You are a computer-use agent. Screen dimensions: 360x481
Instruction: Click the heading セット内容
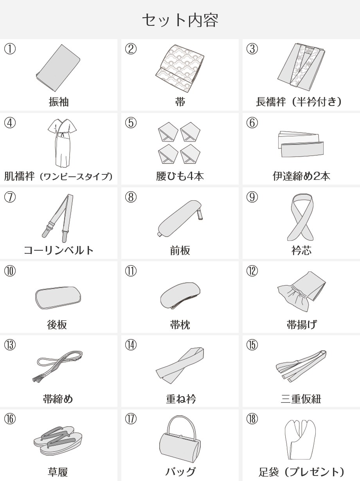180,20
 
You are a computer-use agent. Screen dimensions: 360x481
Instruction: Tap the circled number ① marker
10,49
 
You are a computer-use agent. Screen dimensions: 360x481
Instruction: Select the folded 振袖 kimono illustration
58,68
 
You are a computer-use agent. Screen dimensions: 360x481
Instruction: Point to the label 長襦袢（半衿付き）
299,102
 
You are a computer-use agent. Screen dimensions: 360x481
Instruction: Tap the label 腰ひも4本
180,176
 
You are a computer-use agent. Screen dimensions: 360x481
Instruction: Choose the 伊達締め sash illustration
301,144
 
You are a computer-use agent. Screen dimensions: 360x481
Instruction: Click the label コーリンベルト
58,250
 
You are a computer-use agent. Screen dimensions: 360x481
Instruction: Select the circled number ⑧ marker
131,197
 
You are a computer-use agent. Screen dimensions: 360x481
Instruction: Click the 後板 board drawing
58,298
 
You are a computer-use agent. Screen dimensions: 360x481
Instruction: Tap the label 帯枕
180,325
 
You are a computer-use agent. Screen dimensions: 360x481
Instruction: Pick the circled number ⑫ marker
252,271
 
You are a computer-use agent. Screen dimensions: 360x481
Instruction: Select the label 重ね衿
181,398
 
